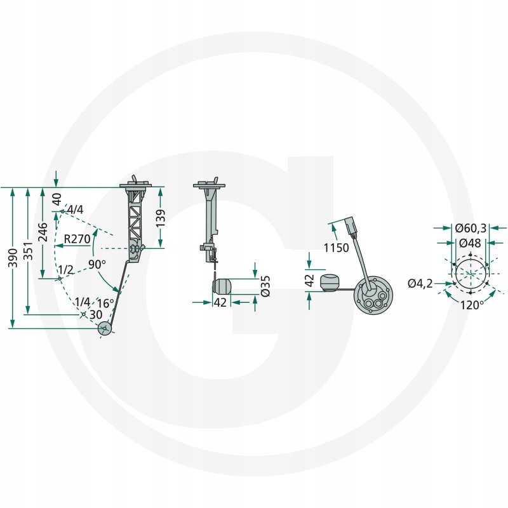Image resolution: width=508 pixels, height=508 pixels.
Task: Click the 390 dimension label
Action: [x=13, y=258]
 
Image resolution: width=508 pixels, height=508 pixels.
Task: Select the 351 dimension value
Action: [x=28, y=250]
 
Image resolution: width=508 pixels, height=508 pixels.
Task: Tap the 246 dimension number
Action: [x=43, y=232]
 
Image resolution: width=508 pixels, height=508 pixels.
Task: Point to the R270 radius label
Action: [x=77, y=239]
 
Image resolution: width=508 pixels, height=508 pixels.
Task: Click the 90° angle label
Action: [x=97, y=264]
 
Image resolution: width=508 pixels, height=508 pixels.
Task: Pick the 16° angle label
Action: [x=105, y=304]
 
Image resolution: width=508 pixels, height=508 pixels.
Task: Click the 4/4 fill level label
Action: [x=75, y=210]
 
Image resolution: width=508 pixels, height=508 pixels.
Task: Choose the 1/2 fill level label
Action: [x=66, y=269]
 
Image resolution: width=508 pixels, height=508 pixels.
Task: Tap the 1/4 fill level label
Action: [x=83, y=302]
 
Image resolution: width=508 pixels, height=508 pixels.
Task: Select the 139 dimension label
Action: [x=161, y=218]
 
